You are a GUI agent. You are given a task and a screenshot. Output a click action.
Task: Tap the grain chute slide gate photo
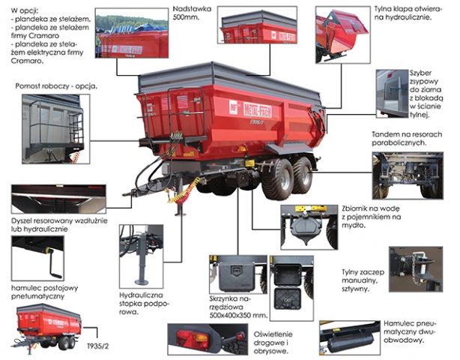pyautogui.click(x=393, y=94)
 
